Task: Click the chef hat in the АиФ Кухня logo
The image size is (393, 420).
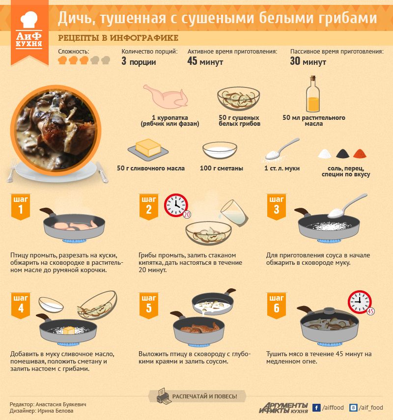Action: point(29,20)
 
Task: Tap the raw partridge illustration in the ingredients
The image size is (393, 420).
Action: point(166,96)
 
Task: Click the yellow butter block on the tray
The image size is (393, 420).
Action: point(148,147)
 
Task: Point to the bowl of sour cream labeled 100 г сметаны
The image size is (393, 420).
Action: point(220,150)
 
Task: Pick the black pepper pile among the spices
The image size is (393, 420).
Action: point(342,154)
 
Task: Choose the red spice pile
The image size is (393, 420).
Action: point(360,154)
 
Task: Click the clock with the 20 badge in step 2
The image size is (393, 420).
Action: point(176,205)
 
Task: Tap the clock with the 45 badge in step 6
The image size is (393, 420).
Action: point(360,302)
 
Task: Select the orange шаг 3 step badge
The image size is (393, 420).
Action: point(277,207)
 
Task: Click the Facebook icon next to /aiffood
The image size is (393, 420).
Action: point(316,408)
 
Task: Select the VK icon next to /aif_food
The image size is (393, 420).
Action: point(353,408)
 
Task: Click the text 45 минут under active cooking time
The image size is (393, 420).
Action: point(205,61)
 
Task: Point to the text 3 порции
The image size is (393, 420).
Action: point(139,61)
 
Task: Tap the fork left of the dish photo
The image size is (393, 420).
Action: point(11,170)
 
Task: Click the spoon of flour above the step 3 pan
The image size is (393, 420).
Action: point(347,206)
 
